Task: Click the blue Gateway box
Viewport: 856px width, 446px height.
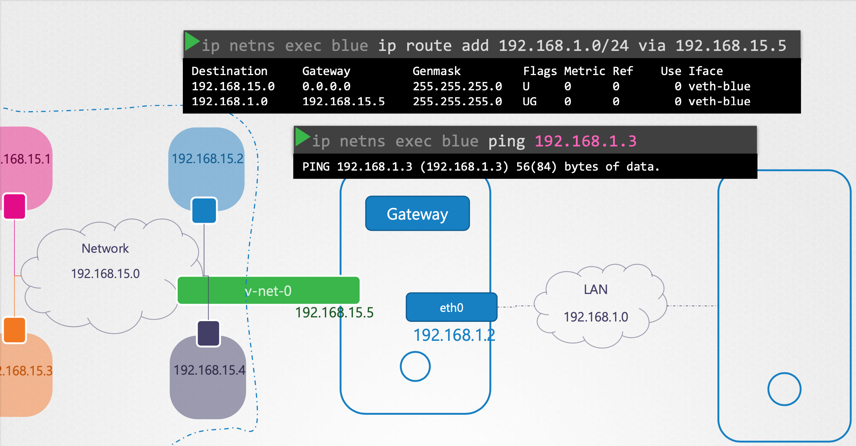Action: (x=417, y=214)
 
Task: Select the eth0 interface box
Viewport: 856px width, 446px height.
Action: (x=451, y=307)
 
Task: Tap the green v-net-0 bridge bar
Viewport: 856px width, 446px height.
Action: (x=268, y=290)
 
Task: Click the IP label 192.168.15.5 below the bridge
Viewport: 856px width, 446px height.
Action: (x=334, y=313)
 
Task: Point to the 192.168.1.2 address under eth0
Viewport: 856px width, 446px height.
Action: (x=454, y=335)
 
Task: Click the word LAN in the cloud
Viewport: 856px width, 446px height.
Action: (x=596, y=290)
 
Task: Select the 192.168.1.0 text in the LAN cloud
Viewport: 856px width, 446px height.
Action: (x=596, y=317)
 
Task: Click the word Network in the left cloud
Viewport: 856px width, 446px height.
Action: (x=105, y=248)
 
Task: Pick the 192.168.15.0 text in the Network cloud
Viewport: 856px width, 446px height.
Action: (x=105, y=274)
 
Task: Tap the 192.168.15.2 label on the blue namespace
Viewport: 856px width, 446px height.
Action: (x=207, y=159)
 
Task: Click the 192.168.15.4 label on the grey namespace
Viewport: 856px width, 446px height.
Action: (x=209, y=370)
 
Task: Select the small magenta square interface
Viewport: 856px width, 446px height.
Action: (x=15, y=206)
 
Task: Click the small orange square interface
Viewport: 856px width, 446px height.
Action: (x=15, y=330)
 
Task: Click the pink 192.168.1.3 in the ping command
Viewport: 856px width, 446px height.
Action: (x=585, y=141)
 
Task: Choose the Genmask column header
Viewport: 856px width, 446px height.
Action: (x=436, y=71)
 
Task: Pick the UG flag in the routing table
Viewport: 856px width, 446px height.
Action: (x=529, y=101)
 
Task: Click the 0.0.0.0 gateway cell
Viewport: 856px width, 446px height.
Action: (x=326, y=86)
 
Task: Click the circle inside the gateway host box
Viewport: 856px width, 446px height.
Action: (x=415, y=366)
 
